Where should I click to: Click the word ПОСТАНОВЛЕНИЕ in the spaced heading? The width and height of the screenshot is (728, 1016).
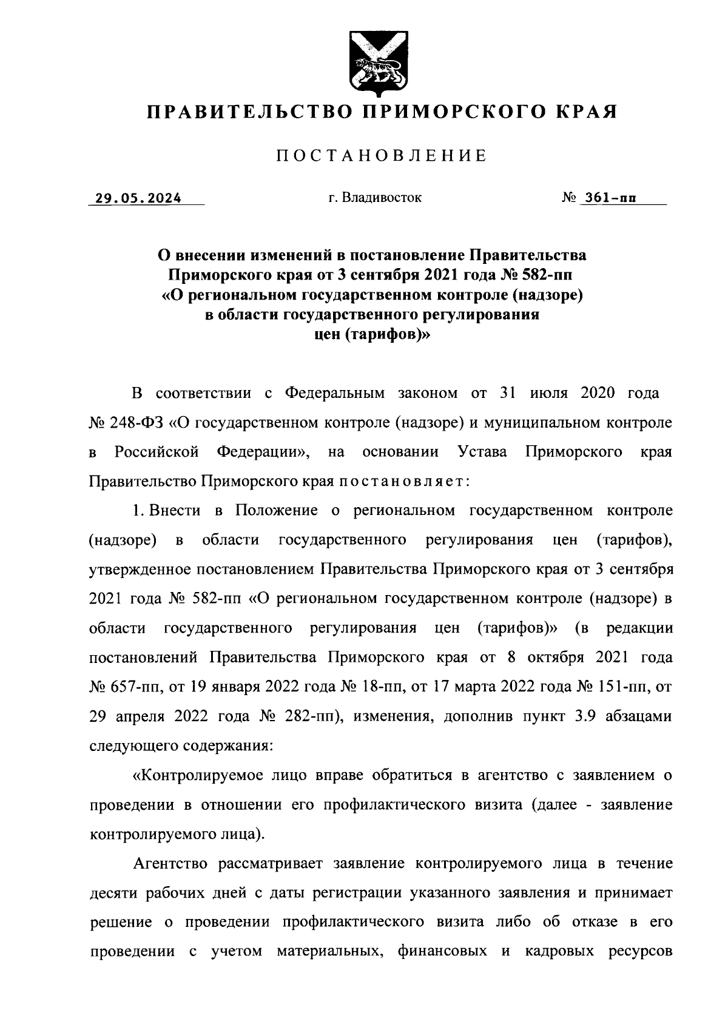coord(382,156)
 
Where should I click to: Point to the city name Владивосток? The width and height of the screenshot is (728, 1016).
coord(381,198)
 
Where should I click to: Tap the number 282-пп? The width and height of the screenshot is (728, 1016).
coord(309,716)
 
